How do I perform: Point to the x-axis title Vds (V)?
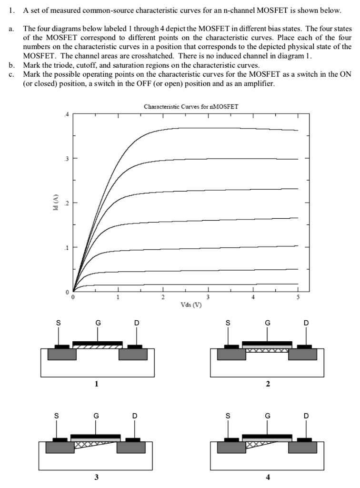[x=190, y=304]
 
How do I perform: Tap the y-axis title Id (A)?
[x=55, y=203]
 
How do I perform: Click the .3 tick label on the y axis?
[x=67, y=158]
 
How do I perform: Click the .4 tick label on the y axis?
[x=67, y=114]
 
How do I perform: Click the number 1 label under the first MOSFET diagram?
[x=97, y=384]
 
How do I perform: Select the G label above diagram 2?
[x=268, y=323]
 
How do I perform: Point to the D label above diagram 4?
[x=306, y=415]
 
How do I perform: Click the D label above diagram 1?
[x=137, y=323]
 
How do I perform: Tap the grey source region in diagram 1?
[x=62, y=355]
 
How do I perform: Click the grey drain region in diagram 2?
[x=303, y=355]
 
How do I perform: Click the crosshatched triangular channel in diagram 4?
[x=255, y=445]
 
